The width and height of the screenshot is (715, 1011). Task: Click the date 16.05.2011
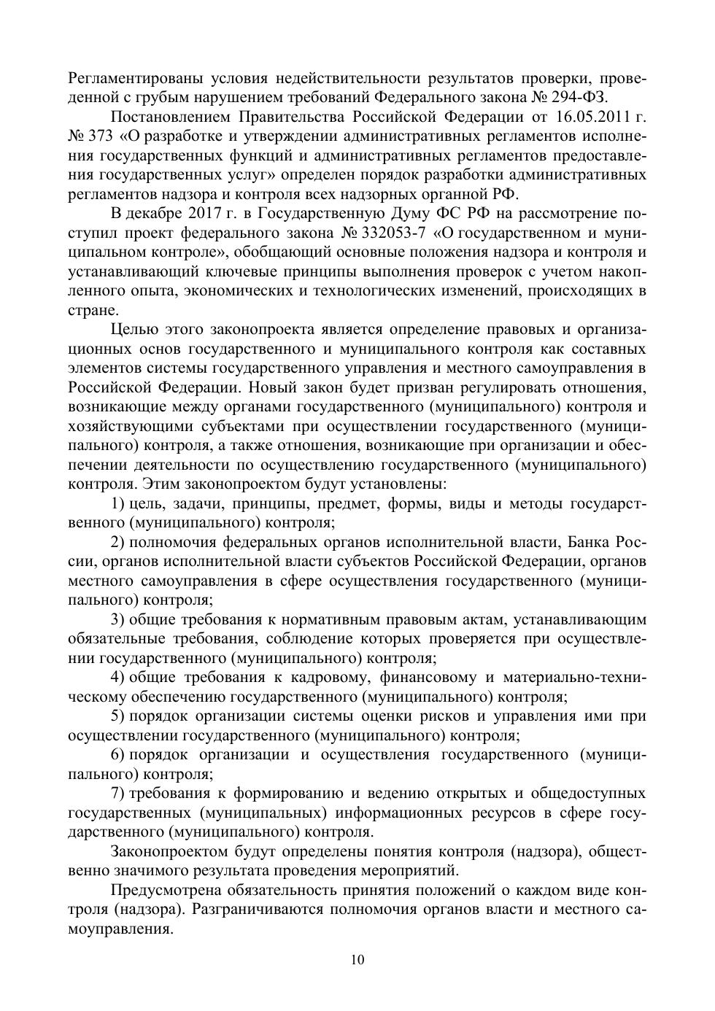pos(590,117)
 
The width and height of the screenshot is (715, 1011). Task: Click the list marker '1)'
pos(117,503)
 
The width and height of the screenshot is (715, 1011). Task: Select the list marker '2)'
pos(117,542)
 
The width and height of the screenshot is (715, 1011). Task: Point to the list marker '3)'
pos(117,619)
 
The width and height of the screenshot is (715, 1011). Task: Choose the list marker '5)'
pos(117,716)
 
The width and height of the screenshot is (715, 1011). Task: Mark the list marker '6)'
pos(117,754)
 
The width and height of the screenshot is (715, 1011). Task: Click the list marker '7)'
pos(117,793)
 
